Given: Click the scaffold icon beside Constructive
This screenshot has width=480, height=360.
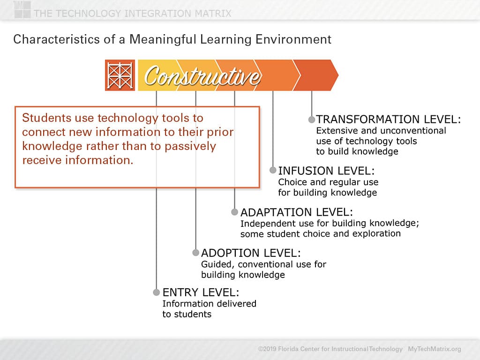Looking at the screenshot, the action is [120, 75].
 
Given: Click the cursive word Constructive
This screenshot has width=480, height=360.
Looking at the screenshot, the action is [202, 76].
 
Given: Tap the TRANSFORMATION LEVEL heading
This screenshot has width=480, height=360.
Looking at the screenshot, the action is [388, 119].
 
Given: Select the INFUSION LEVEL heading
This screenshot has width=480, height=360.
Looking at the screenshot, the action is [326, 171].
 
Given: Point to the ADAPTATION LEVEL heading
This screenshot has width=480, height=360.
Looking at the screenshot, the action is [296, 212].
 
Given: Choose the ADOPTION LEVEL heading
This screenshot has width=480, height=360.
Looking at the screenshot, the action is [251, 253].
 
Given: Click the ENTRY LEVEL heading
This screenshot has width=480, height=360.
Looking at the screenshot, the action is [201, 292].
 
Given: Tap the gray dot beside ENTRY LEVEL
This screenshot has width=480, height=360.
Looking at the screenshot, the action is [157, 292].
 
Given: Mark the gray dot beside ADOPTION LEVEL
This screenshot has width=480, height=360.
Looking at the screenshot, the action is [195, 253].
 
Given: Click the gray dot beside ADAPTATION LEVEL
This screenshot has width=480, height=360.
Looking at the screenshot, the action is [234, 212].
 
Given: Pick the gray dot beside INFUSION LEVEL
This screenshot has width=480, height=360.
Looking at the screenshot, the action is [273, 170].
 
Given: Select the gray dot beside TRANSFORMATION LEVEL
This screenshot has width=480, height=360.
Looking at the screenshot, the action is [312, 120].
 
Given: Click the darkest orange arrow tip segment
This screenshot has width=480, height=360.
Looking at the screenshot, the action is [317, 75].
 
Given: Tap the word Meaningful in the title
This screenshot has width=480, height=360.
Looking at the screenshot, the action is [163, 39].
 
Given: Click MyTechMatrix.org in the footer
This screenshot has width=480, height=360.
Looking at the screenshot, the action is [434, 349].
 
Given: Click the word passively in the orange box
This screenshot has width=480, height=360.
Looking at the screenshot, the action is [190, 146].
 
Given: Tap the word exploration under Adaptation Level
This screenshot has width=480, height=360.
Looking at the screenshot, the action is [376, 233].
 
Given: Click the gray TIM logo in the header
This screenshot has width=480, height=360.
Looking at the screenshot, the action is [22, 9].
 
